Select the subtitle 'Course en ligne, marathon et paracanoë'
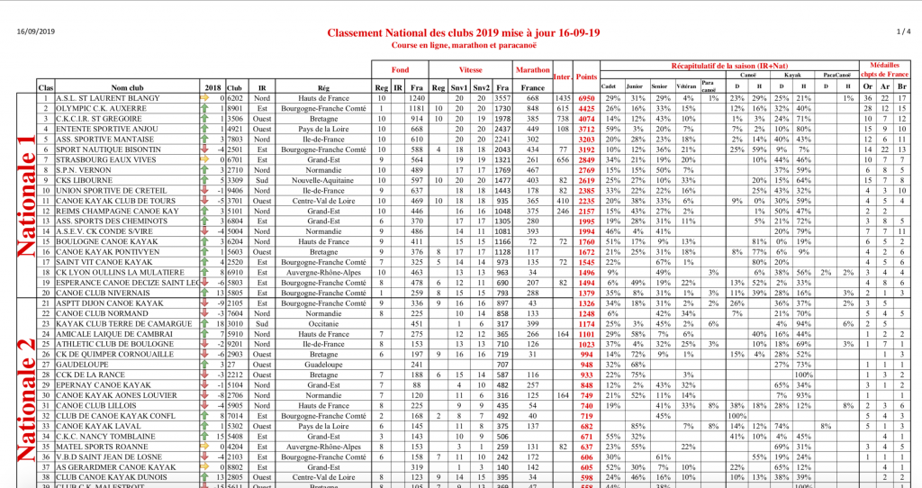point(462,44)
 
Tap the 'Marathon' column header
point(533,68)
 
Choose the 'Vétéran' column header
point(687,87)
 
